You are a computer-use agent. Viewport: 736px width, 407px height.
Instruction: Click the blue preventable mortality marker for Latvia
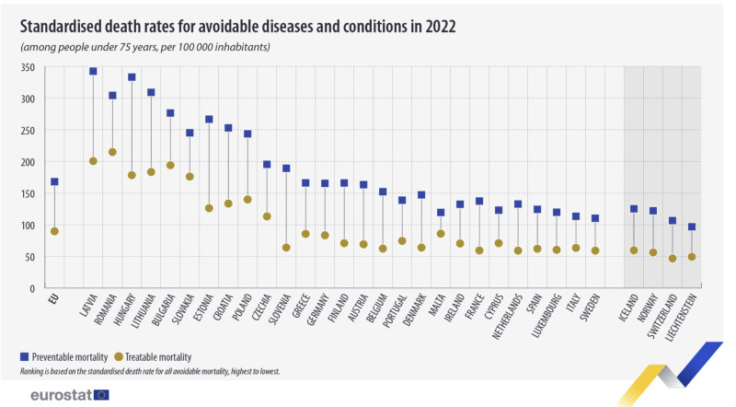click(93, 71)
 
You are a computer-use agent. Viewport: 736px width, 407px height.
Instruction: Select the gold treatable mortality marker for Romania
click(112, 152)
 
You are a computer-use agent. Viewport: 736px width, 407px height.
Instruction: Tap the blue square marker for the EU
click(54, 181)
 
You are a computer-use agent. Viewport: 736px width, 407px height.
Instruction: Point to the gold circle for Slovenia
click(286, 248)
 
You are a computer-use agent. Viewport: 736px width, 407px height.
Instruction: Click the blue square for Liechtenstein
click(691, 227)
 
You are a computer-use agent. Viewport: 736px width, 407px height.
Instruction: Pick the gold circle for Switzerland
click(673, 259)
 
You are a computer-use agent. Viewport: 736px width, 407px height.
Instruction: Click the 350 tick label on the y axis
click(27, 67)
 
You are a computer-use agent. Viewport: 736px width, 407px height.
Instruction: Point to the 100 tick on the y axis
click(27, 226)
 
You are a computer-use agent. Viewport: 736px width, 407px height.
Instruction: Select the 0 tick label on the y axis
click(31, 288)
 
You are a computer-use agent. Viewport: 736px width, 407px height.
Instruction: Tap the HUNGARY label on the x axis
click(125, 311)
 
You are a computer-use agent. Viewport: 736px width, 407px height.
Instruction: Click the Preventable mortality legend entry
click(68, 356)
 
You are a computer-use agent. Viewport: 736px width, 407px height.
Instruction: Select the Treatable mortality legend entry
click(161, 356)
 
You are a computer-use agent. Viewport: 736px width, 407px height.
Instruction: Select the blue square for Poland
click(247, 134)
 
